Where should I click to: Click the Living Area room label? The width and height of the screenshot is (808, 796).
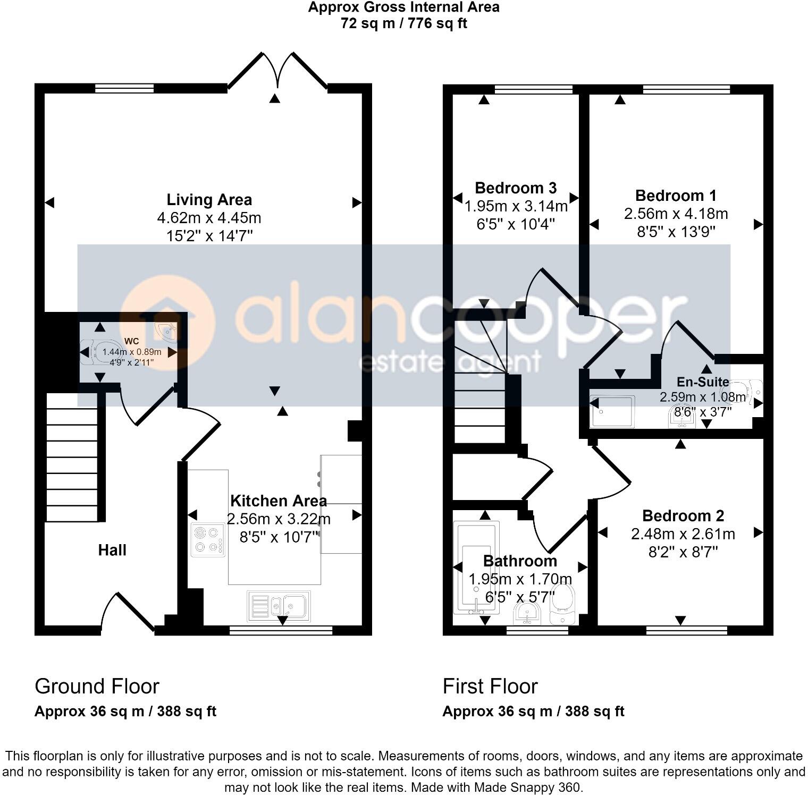coord(209,200)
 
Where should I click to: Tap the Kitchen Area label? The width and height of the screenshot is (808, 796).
coord(278,501)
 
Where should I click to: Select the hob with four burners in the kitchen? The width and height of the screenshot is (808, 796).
coord(208,539)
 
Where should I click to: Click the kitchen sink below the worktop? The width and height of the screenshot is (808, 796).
coord(279,606)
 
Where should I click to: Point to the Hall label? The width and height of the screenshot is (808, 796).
coord(112,550)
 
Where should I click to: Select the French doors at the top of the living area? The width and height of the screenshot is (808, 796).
coord(276,72)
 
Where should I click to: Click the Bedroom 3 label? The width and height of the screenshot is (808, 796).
coord(515,188)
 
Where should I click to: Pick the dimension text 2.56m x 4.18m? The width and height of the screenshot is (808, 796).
coord(676,214)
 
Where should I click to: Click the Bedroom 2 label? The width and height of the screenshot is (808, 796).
coord(683,515)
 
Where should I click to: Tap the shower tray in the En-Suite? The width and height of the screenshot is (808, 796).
coord(613,411)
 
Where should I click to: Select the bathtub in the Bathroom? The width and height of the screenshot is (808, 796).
coord(476,566)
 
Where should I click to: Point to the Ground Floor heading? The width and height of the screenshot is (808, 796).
coord(97,687)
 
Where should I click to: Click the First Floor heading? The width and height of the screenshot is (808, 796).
coord(490,687)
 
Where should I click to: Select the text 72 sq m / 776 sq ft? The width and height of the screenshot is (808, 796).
coord(403,23)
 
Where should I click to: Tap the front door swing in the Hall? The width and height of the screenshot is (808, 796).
coord(128,611)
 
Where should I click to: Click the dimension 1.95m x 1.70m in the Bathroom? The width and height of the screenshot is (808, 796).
coord(519,579)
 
